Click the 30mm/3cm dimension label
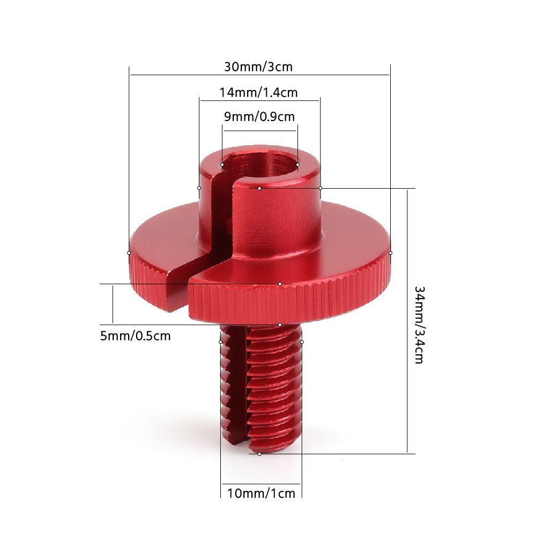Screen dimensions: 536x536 [x=258, y=66]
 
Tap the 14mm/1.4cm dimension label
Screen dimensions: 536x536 [x=258, y=93]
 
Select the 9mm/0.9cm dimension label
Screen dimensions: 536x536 [x=259, y=117]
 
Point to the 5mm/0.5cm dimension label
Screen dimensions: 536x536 [x=136, y=336]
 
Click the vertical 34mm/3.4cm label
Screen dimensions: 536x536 [x=419, y=324]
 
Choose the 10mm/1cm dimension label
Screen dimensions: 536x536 [x=261, y=493]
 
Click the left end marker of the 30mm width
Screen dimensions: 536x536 [x=129, y=253]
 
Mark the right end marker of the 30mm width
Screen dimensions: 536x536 [x=390, y=253]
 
